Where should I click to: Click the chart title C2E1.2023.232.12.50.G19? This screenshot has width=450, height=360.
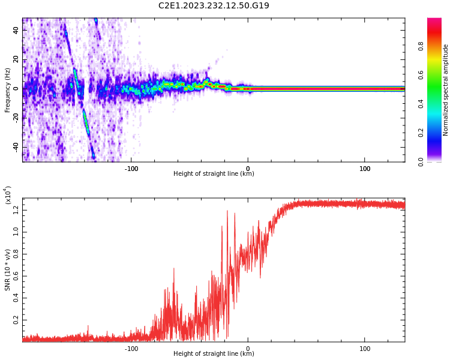pyautogui.click(x=214, y=5)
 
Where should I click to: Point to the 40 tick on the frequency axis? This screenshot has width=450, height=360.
pyautogui.click(x=16, y=30)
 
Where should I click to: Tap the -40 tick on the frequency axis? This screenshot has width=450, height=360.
pyautogui.click(x=15, y=147)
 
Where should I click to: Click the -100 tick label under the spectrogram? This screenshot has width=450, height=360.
pyautogui.click(x=131, y=168)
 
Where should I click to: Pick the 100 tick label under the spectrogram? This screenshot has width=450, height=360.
pyautogui.click(x=365, y=168)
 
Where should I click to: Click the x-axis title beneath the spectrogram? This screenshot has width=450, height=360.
pyautogui.click(x=214, y=174)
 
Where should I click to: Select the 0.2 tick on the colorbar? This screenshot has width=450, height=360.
pyautogui.click(x=438, y=133)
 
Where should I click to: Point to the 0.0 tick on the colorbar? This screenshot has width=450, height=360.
pyautogui.click(x=438, y=161)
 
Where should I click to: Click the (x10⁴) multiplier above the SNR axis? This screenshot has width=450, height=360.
pyautogui.click(x=8, y=195)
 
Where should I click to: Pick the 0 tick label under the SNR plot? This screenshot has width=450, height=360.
pyautogui.click(x=248, y=348)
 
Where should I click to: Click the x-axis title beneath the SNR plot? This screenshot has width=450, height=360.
pyautogui.click(x=214, y=354)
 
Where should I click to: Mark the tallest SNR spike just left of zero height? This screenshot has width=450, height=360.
pyautogui.click(x=227, y=211)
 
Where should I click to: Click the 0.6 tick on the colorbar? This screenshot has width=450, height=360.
pyautogui.click(x=438, y=75)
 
